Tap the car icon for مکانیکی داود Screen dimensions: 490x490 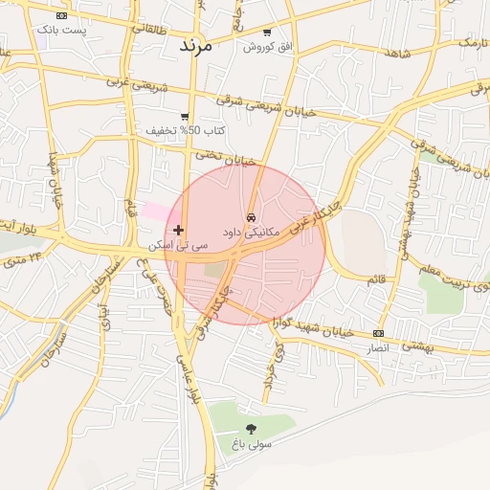(x=251, y=217)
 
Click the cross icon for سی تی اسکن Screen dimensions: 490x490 (x=178, y=231)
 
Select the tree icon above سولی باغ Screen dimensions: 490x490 (x=252, y=429)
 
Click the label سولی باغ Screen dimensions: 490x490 (x=252, y=444)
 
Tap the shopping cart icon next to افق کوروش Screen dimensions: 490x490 (x=279, y=32)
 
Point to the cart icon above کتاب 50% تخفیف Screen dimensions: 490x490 (x=185, y=116)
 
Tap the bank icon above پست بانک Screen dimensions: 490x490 (x=62, y=16)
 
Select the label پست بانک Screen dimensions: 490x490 (x=61, y=31)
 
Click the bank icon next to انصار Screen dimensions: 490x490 (x=379, y=333)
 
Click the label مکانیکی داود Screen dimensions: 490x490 (x=251, y=232)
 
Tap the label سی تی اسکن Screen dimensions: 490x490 (x=158, y=246)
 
